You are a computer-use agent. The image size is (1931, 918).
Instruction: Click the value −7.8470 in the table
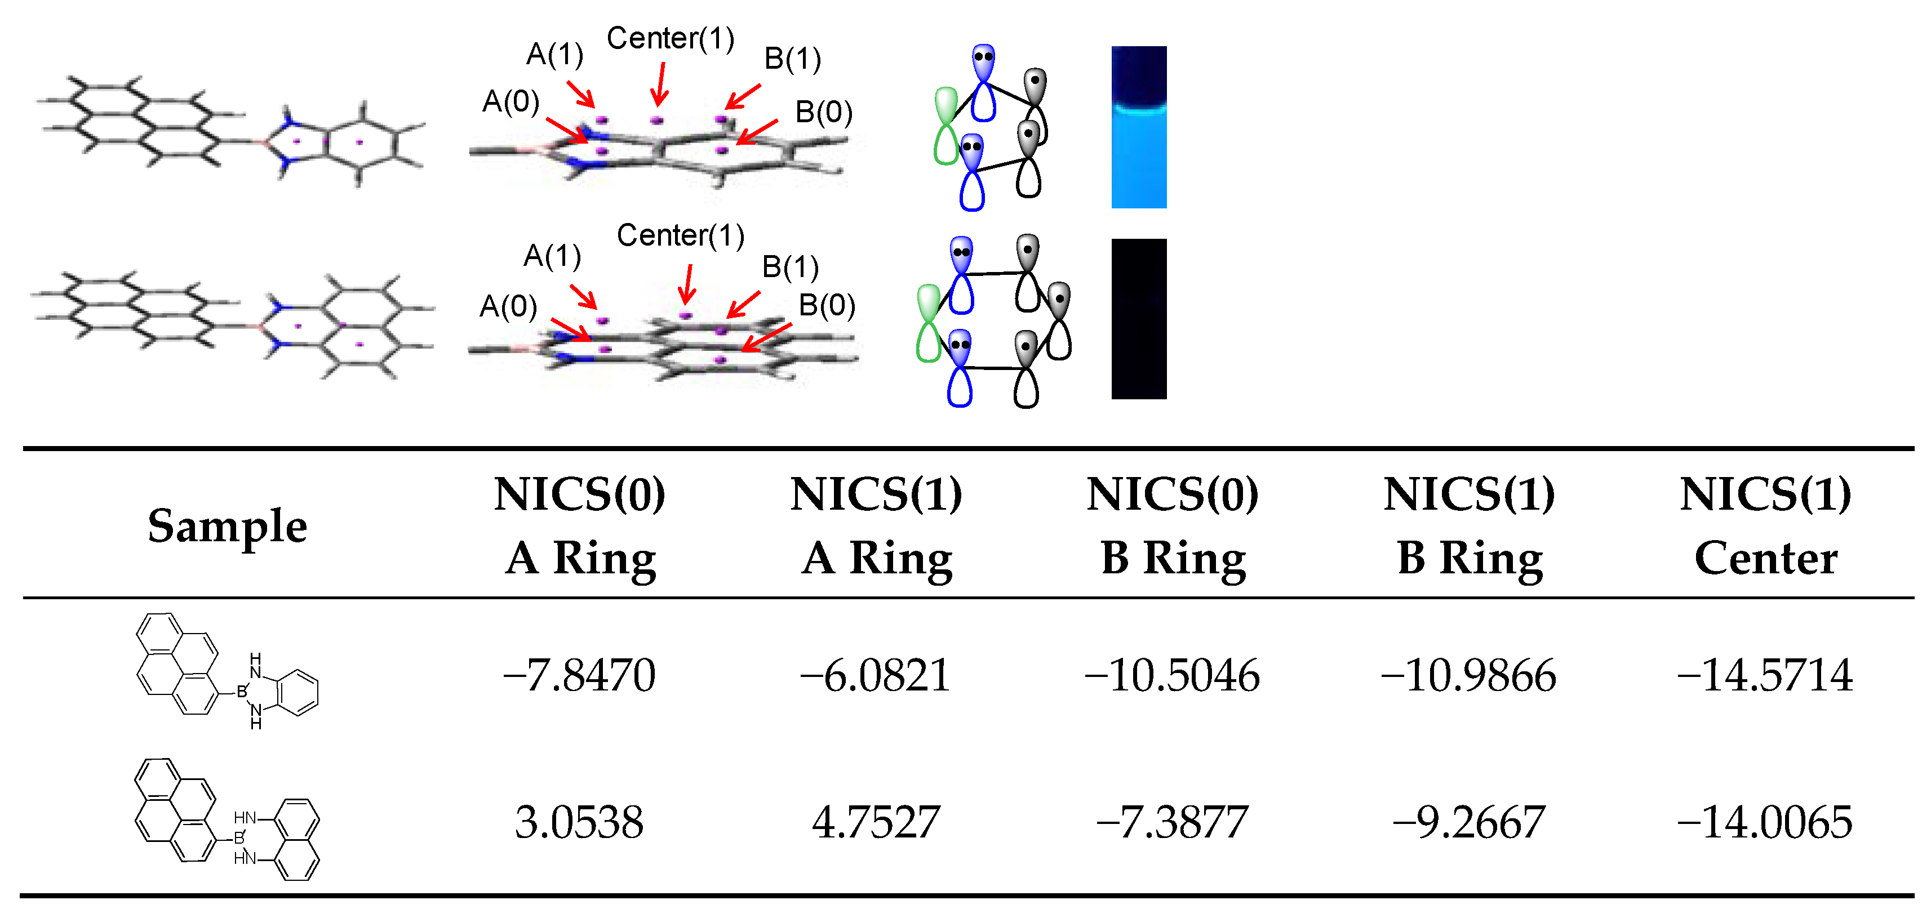(x=579, y=675)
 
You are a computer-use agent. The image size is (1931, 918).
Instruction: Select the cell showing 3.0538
(x=579, y=821)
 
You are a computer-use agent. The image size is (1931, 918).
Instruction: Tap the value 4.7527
(x=876, y=821)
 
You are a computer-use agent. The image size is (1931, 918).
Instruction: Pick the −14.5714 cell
(x=1765, y=675)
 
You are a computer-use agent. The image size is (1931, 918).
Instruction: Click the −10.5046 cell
(x=1171, y=675)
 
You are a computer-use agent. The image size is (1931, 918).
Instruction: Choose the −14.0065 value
(x=1765, y=821)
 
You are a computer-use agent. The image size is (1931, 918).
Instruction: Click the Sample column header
(x=227, y=525)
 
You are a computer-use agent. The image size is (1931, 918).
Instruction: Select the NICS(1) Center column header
(x=1765, y=525)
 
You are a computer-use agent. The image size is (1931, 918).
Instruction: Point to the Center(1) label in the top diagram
(x=670, y=38)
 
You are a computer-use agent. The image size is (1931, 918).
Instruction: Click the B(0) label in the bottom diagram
(x=826, y=305)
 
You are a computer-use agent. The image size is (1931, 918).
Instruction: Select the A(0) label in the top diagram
(x=511, y=101)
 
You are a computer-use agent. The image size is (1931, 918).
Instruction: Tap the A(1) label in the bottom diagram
(x=552, y=256)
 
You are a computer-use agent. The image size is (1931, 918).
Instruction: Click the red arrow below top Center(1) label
(x=660, y=84)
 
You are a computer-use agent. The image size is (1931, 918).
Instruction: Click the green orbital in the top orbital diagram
(x=946, y=126)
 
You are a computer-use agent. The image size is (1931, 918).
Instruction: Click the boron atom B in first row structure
(x=241, y=692)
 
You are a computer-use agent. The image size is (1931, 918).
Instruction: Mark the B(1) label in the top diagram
(x=792, y=59)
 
